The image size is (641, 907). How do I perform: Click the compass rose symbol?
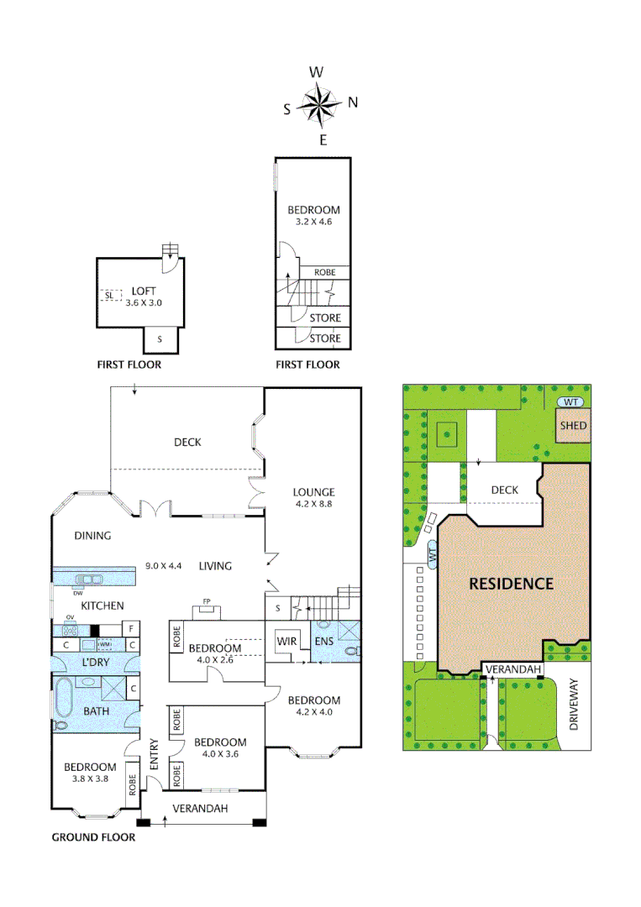point(319,105)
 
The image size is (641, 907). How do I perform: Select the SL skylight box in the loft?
point(108,296)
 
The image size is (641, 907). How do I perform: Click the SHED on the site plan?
point(574,426)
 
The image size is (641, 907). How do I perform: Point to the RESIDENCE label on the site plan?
point(511,584)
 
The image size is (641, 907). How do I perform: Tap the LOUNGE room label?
point(314,492)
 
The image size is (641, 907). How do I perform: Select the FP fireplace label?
point(206,601)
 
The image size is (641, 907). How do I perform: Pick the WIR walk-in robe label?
point(287,642)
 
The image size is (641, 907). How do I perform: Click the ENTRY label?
point(154,754)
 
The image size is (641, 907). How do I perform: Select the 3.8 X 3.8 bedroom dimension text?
point(90,780)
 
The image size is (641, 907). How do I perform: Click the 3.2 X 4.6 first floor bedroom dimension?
point(313,223)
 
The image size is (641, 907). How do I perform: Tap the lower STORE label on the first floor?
point(325,338)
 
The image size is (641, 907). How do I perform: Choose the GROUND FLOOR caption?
point(93,837)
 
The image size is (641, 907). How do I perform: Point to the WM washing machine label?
point(105,644)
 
